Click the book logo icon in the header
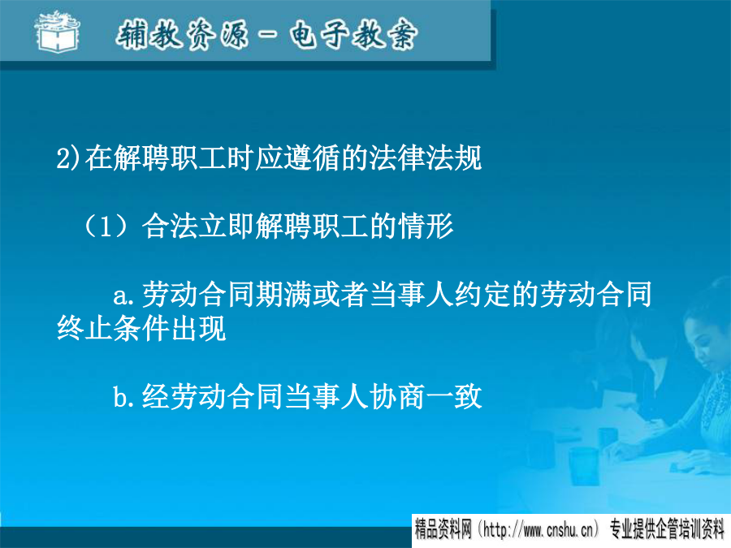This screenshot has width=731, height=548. point(57,32)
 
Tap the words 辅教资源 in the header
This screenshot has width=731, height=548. point(182,35)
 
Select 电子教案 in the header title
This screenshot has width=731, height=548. point(353,35)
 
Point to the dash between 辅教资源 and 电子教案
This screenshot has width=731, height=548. point(269,34)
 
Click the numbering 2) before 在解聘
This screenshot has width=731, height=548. point(68,158)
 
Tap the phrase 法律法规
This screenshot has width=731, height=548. point(425,157)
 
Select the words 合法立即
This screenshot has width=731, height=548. point(198,227)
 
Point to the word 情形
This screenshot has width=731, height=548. point(425,227)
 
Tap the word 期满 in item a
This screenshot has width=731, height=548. point(283,295)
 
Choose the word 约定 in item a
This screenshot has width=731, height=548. point(482,295)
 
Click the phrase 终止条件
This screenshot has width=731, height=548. point(113,329)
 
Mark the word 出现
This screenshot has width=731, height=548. point(198,329)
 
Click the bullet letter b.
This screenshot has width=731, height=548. point(121,396)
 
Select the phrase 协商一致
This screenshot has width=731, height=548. point(425,396)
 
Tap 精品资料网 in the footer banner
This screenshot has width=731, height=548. point(443,530)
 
